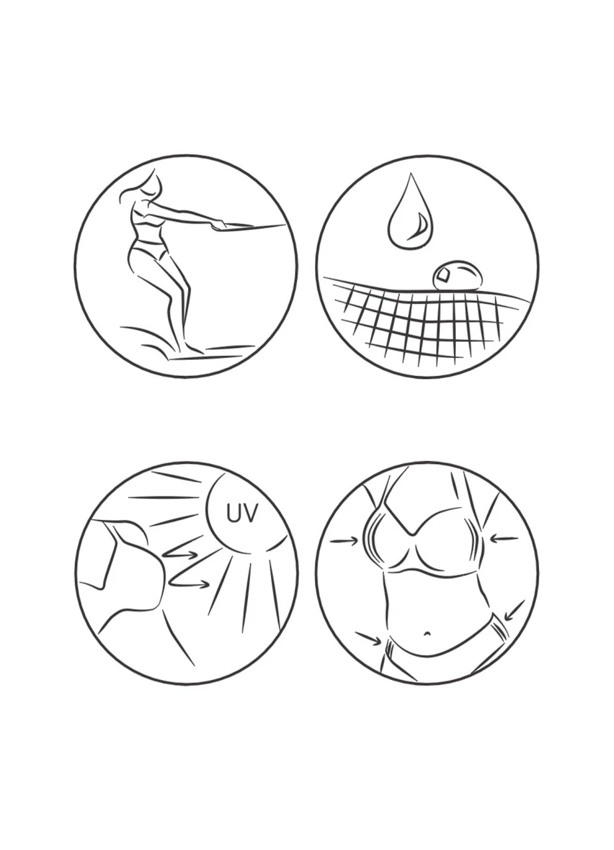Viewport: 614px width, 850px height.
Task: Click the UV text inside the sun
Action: [243, 514]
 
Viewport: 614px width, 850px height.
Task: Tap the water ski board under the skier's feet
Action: [205, 357]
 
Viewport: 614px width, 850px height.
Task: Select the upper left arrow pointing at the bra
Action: [344, 540]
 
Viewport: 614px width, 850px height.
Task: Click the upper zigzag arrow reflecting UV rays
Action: [181, 555]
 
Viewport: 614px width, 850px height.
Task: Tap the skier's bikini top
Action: [142, 213]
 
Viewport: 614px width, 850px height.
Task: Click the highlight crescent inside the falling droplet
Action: [421, 227]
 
